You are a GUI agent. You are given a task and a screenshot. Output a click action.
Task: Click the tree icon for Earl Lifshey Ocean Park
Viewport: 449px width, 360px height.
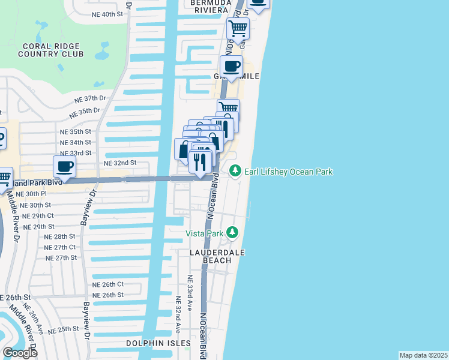click(x=235, y=172)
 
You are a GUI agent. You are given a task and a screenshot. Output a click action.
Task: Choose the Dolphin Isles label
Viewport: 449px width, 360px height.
click(x=158, y=344)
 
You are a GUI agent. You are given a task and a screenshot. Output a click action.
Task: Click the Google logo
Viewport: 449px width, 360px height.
click(x=20, y=353)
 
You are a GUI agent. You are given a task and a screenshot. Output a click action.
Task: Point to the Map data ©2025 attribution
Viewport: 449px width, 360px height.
click(x=423, y=355)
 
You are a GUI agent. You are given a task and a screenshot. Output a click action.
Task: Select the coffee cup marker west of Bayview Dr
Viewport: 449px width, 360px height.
click(x=64, y=167)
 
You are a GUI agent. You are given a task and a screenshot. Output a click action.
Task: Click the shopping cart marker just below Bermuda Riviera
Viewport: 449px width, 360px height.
click(x=238, y=28)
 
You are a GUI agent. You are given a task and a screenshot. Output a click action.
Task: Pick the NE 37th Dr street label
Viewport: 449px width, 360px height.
click(x=90, y=98)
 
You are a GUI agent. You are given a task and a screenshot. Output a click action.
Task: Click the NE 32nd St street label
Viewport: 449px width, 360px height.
click(x=120, y=163)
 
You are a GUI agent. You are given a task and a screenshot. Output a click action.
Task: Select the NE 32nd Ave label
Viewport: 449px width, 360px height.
click(x=178, y=314)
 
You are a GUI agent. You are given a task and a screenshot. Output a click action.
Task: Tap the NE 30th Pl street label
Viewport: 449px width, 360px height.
click(x=31, y=194)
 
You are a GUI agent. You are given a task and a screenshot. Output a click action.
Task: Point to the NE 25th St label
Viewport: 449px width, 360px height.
click(x=64, y=329)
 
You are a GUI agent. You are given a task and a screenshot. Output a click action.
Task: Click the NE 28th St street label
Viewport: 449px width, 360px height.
click(x=60, y=237)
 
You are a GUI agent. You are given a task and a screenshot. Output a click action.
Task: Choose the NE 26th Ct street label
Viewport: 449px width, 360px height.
click(x=108, y=284)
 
